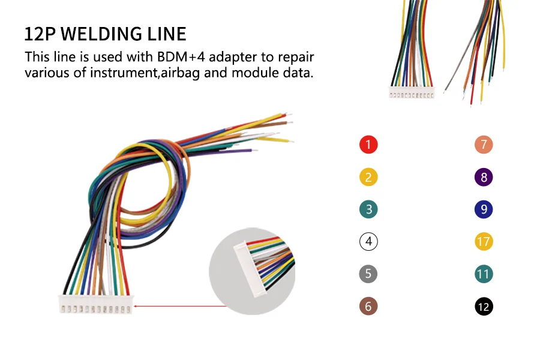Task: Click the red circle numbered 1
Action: pos(368,145)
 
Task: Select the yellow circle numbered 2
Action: pos(368,177)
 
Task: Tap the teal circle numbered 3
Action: pos(368,209)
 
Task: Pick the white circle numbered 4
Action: pos(368,241)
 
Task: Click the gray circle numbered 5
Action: pos(368,274)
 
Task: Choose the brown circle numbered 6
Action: pos(368,306)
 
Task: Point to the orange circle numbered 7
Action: pos(484,145)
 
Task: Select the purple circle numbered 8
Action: pos(484,177)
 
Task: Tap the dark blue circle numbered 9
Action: pos(484,209)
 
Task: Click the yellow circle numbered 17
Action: pos(484,241)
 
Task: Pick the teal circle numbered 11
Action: pos(484,274)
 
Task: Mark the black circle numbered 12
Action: pos(484,306)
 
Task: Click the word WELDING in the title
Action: pos(101,34)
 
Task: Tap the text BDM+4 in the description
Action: pos(181,57)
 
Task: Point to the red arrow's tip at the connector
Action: pos(134,306)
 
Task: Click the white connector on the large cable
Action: pos(96,304)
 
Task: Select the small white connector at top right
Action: pos(412,92)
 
